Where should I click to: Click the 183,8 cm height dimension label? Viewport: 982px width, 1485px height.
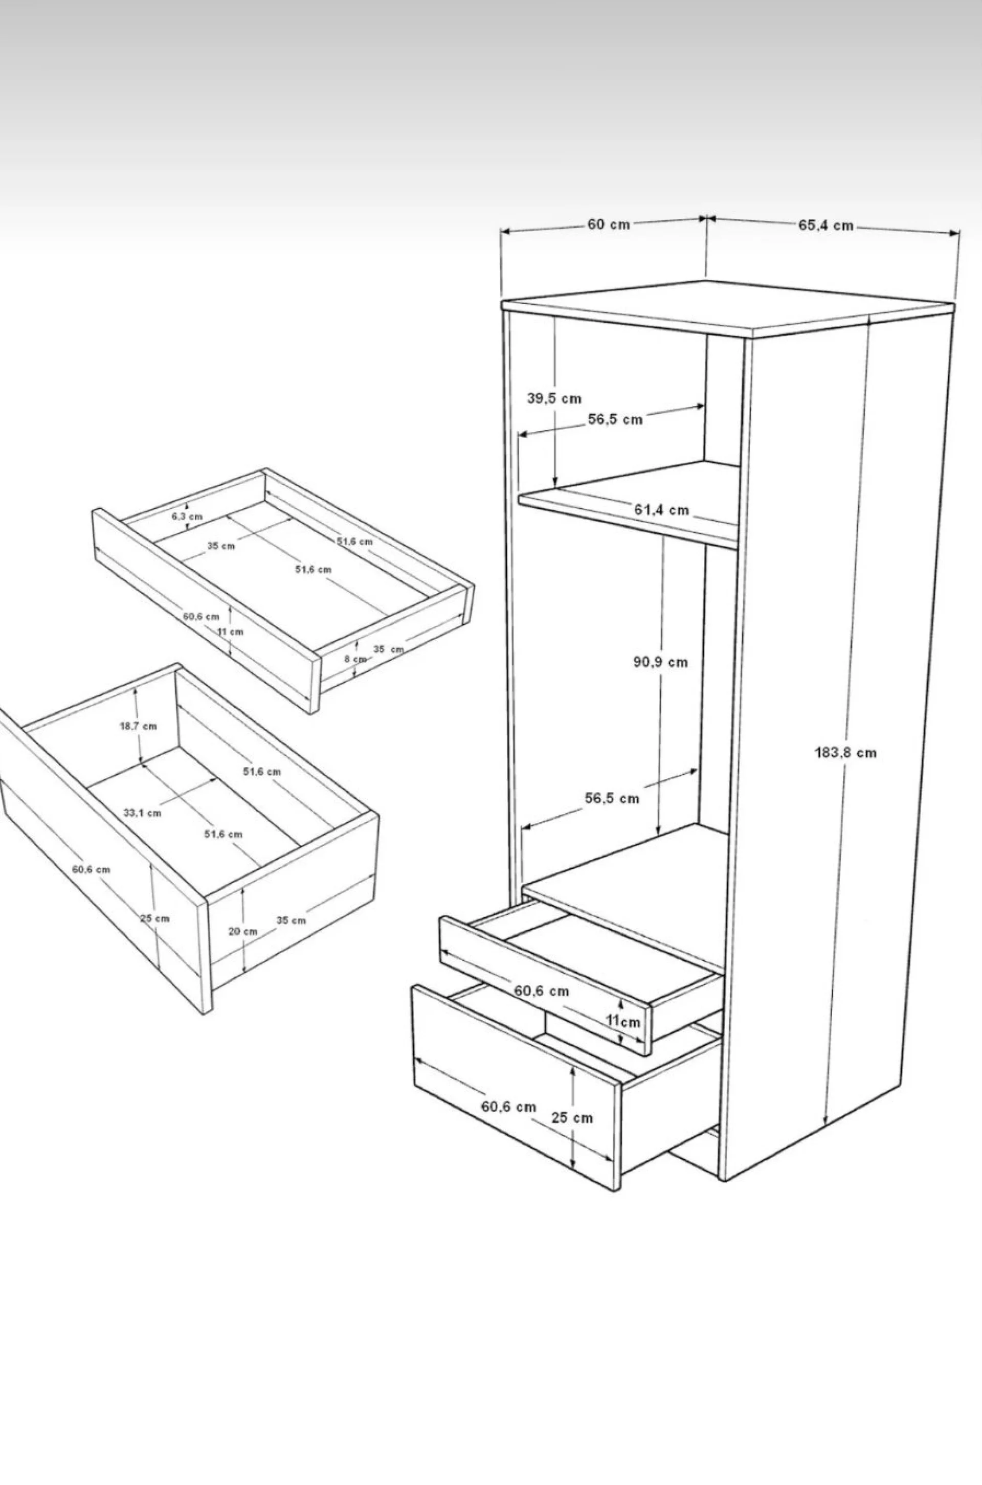[x=845, y=753]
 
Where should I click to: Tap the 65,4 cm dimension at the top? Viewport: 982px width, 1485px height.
[x=825, y=226]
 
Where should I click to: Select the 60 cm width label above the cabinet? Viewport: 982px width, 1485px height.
[x=608, y=224]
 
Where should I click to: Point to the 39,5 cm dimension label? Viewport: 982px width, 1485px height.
[x=553, y=398]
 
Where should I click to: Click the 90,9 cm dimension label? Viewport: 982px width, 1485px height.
[x=660, y=662]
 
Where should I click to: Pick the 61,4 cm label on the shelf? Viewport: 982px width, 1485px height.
[x=661, y=510]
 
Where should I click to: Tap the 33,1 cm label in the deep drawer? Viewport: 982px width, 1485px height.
[x=142, y=813]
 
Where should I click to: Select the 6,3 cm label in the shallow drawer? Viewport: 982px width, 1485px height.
[x=187, y=516]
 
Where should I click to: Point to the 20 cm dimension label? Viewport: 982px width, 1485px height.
[x=242, y=931]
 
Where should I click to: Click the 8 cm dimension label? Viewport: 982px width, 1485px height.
[x=354, y=659]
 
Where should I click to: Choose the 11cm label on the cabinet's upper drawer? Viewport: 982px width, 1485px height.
[x=623, y=1021]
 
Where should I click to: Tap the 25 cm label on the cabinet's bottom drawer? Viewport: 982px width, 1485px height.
[x=572, y=1117]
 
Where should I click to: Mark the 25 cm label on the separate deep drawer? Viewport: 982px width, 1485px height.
[x=154, y=918]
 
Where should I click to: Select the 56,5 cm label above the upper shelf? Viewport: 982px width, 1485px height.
[x=615, y=419]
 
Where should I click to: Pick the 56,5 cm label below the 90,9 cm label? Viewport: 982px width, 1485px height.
[x=612, y=798]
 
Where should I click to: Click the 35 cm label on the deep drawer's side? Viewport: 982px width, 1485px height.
[x=291, y=920]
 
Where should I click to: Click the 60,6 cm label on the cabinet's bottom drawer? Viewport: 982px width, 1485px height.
[x=508, y=1106]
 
